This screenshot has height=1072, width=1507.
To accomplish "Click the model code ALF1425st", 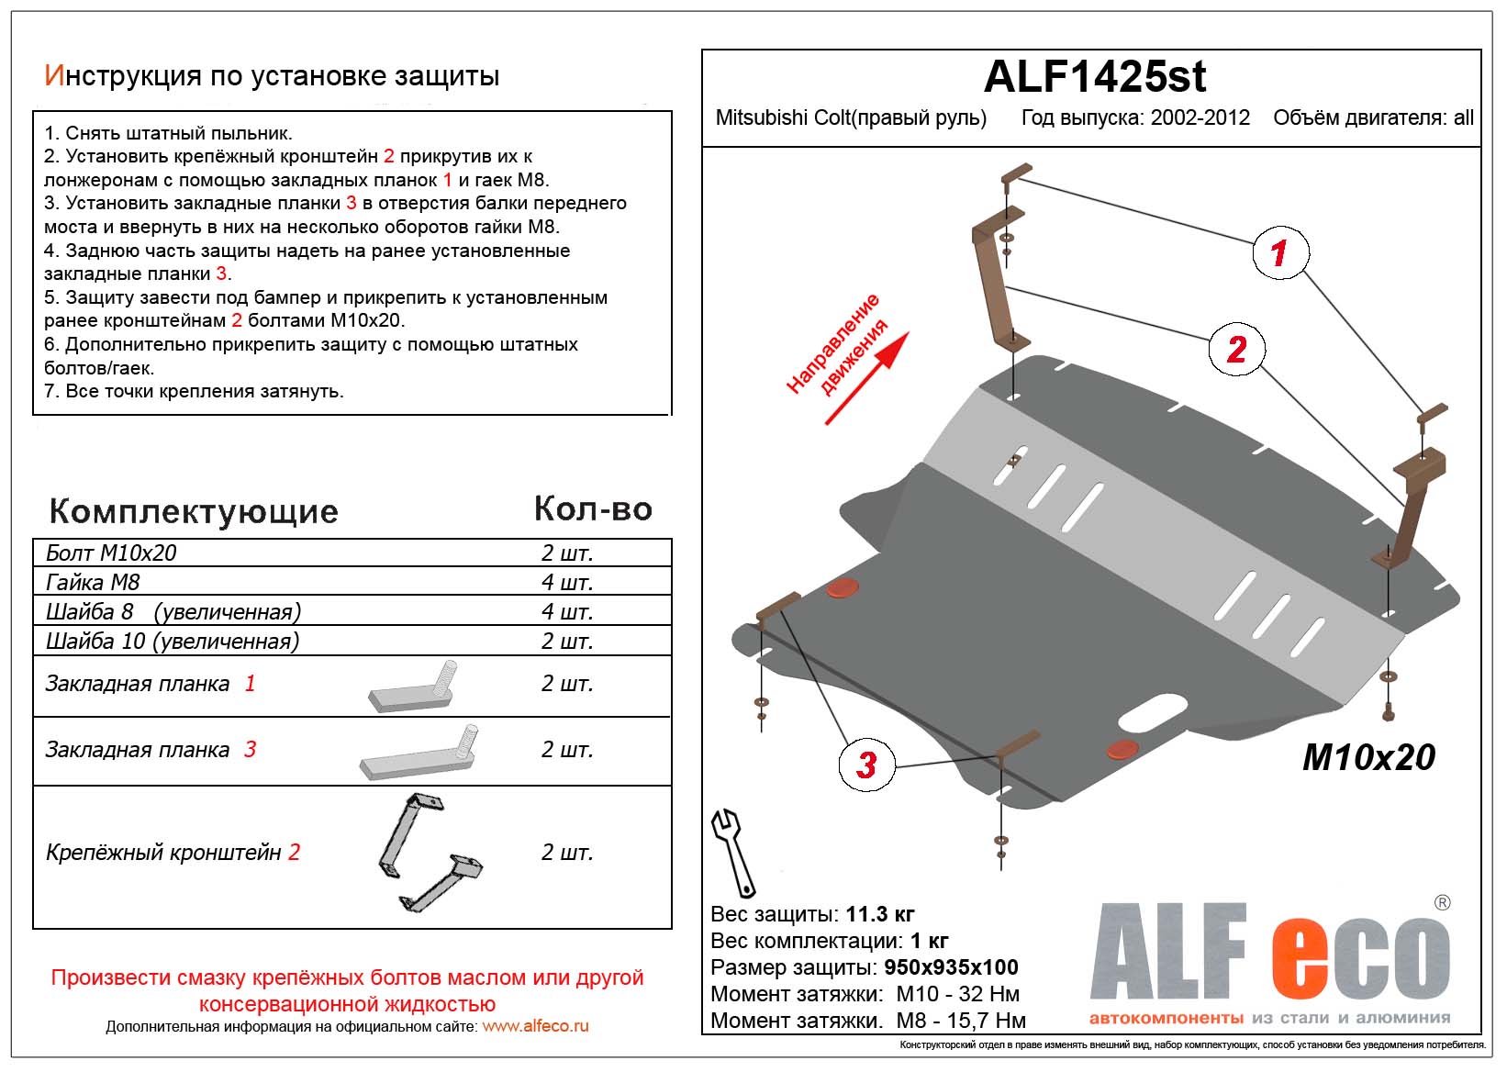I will [1094, 77].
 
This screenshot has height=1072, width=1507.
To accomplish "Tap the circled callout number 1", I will [1279, 252].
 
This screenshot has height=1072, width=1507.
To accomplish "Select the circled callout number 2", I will [1236, 350].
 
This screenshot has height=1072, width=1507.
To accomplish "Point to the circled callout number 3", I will [865, 765].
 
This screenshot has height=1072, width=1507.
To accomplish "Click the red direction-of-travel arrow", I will [866, 378].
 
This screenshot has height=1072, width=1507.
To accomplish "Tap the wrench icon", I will [732, 853].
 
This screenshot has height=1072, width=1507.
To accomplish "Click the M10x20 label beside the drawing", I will [1368, 757].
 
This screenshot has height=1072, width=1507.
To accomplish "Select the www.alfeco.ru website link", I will [535, 1026].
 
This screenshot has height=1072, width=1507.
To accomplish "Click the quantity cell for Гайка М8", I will [566, 582].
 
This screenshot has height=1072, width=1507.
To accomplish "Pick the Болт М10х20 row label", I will [111, 553].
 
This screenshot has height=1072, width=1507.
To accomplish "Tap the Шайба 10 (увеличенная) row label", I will [173, 641].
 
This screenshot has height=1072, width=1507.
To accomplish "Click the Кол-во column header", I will [593, 508].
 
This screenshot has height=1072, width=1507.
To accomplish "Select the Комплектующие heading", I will [194, 511].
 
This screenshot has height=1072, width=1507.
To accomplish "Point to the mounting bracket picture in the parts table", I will [428, 854].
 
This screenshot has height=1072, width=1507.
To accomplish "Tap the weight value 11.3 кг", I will [879, 914].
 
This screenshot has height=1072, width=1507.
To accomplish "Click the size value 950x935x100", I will [951, 967].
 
